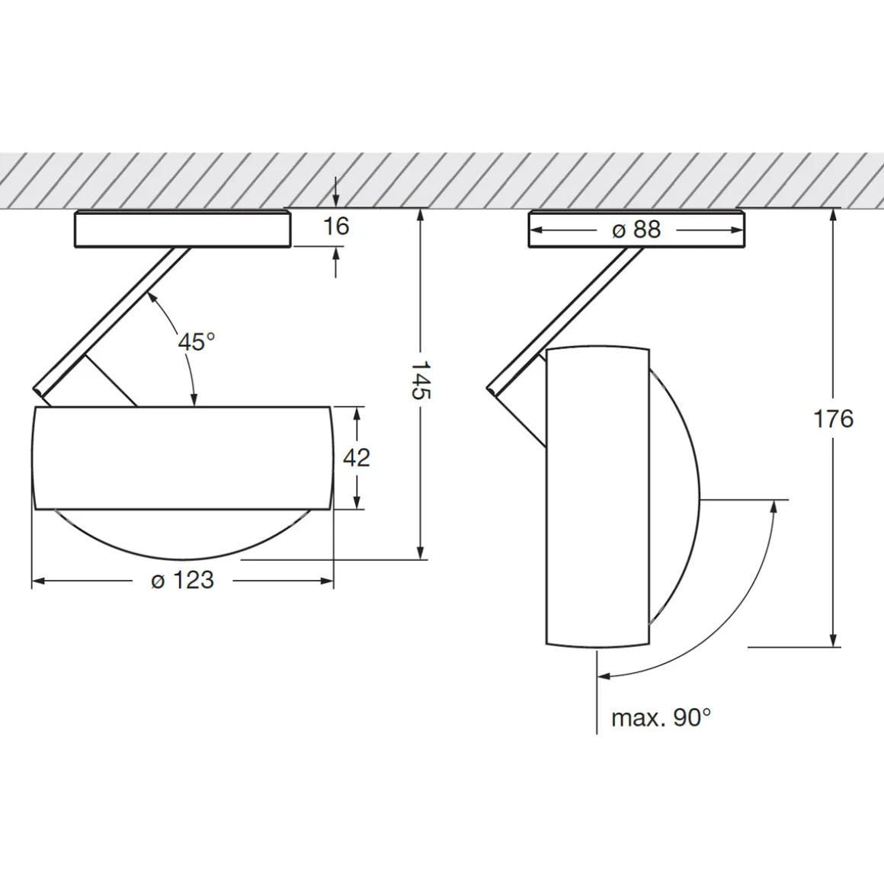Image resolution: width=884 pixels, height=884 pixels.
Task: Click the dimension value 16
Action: [336, 226]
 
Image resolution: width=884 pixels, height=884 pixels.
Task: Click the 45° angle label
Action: [196, 341]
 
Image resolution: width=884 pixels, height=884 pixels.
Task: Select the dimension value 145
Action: [420, 380]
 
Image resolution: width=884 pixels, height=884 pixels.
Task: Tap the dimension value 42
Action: [357, 457]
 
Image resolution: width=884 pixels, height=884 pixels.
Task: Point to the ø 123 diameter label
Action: [183, 580]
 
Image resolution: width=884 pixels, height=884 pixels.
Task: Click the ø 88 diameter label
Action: [636, 229]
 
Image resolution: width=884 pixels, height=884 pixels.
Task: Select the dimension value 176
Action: [833, 419]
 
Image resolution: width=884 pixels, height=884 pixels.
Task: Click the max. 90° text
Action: [661, 718]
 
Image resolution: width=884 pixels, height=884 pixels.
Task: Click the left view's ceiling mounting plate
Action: [183, 229]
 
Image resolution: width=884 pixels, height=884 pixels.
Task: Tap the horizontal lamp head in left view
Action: [183, 458]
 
